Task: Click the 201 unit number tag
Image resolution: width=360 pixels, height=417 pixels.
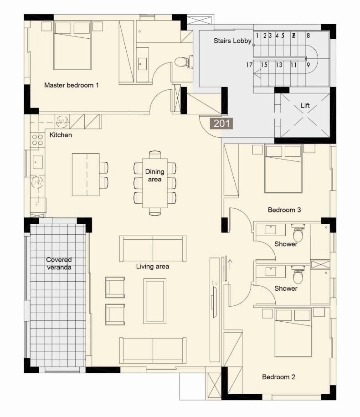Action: [221, 124]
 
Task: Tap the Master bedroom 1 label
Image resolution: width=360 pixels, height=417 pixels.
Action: [71, 85]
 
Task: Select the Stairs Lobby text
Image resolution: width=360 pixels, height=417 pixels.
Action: [232, 41]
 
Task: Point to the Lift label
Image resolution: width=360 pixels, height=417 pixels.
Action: [305, 106]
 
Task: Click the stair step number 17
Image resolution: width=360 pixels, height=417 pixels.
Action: [249, 65]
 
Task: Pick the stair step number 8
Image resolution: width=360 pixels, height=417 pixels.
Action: [308, 36]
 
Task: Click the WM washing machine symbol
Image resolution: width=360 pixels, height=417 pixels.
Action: [62, 122]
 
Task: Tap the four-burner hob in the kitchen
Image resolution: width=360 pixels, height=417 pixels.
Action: [37, 140]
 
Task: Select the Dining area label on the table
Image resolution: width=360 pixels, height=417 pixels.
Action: [155, 175]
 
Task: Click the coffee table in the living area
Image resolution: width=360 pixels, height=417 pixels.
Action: [155, 301]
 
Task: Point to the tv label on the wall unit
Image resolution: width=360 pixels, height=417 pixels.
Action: [215, 283]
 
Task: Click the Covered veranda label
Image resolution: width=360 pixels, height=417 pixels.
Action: [59, 263]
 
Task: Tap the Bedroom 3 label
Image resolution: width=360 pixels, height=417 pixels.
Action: [284, 210]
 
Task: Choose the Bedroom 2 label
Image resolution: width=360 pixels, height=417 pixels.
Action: [278, 377]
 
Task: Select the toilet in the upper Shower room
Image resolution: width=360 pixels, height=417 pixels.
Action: [298, 233]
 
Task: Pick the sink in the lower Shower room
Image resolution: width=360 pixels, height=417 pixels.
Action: [271, 272]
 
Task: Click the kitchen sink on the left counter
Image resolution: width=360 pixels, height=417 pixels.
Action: [38, 162]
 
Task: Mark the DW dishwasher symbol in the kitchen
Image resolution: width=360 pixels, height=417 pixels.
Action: [37, 182]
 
